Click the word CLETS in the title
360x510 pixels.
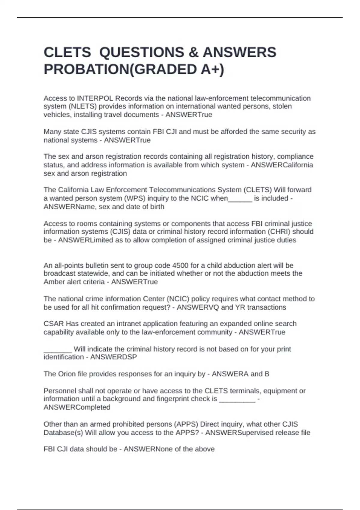point(67,52)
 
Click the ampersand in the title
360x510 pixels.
point(193,52)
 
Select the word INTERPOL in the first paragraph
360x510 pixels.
point(95,98)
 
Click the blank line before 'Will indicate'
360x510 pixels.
point(58,349)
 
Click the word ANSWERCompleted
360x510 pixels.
point(77,407)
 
